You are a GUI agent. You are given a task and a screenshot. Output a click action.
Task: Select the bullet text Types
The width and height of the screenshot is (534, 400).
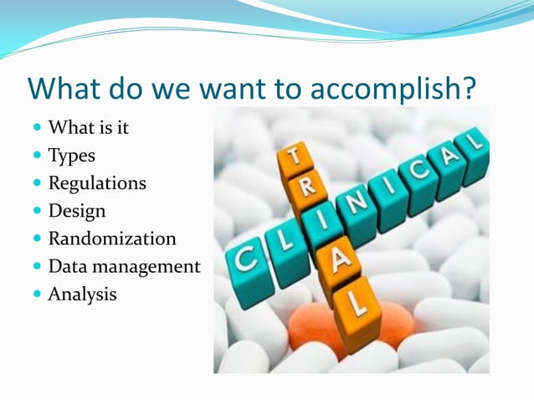pos(71,156)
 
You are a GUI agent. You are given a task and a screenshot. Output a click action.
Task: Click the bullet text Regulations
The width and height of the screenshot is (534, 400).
pos(96,183)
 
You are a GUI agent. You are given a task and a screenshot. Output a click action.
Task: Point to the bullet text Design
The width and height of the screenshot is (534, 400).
pos(77,211)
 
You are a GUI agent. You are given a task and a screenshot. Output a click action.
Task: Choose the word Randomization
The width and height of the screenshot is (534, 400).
pos(111,238)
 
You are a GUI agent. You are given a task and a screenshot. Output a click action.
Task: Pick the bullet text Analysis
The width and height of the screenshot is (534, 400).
pos(82,294)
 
